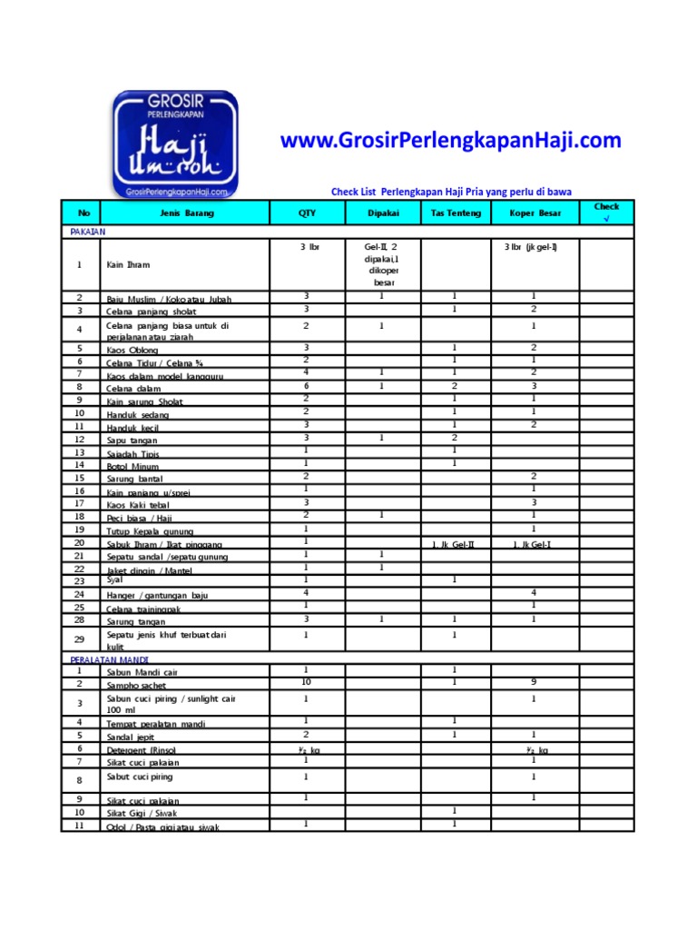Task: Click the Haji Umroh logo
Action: (x=175, y=143)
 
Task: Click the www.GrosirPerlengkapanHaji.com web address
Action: (x=451, y=141)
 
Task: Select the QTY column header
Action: (x=307, y=213)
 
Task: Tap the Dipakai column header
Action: (x=383, y=213)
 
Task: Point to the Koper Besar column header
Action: (x=534, y=213)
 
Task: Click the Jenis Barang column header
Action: (x=187, y=213)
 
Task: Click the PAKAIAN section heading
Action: (x=88, y=232)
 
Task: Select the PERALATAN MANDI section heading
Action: (x=110, y=659)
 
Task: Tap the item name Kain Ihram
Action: (x=128, y=265)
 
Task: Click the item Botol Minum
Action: (x=133, y=466)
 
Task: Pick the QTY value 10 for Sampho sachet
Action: (x=307, y=681)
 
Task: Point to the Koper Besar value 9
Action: (x=534, y=681)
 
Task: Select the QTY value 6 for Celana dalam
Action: (x=307, y=385)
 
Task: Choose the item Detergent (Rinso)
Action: (x=141, y=750)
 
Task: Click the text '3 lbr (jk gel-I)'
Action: (x=530, y=247)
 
